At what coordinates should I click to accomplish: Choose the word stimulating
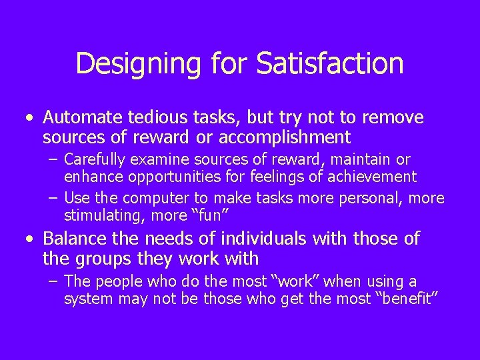[x=98, y=216]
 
